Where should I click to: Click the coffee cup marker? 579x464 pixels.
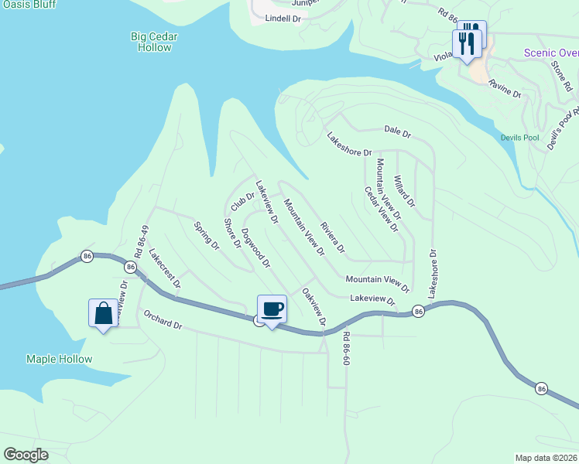coord(271,310)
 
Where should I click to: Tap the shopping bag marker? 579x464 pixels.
coord(104,314)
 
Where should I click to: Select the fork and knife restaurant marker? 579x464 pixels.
coord(467,42)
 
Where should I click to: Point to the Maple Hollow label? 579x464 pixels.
coord(59,359)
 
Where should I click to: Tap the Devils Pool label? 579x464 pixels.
coord(519,138)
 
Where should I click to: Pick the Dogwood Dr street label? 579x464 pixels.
coord(255,247)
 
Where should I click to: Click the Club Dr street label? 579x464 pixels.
coord(242,200)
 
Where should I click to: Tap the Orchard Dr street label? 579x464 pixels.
coord(162,319)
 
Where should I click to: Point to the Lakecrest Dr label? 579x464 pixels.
coord(164,268)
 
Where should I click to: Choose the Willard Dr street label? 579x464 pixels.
coord(404,191)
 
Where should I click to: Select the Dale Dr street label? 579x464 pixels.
coord(397,132)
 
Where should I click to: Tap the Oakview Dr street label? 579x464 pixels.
coord(314,306)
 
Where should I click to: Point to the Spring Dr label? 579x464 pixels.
coord(207,235)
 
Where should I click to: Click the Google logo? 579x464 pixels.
coord(26,455)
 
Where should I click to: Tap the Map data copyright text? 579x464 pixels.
coord(546,458)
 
